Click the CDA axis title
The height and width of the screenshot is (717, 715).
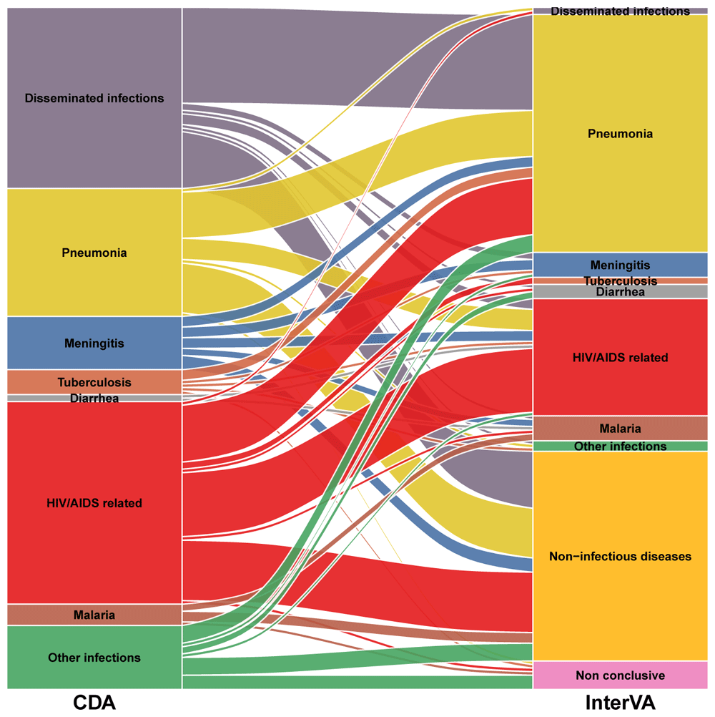94,703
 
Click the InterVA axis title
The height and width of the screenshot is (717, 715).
620,703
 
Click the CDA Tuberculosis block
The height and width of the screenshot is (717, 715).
94,382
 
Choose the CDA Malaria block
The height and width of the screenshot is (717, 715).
94,615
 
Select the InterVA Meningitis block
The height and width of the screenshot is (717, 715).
620,265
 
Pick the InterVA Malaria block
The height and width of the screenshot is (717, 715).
620,429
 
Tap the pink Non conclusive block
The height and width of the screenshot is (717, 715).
620,675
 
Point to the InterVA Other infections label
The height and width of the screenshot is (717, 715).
620,447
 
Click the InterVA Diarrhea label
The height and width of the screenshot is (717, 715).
620,291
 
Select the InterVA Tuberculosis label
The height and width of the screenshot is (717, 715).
620,281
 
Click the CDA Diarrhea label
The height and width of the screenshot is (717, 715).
94,399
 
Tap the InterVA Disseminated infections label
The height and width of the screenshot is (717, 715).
620,11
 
